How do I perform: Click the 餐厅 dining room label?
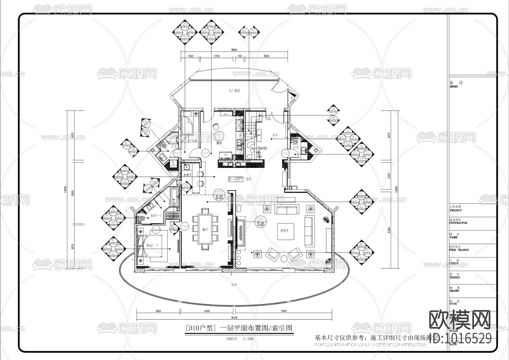tap(205, 230)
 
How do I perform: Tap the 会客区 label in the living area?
tap(284, 231)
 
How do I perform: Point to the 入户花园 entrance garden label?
tap(234, 91)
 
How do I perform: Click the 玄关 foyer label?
tap(275, 135)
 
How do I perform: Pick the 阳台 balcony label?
tap(234, 285)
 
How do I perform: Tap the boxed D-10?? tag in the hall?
tap(236, 179)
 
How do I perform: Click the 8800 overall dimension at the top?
tap(234, 50)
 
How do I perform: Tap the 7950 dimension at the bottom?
tap(283, 311)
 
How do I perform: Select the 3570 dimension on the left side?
tap(72, 246)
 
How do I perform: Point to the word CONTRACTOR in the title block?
tap(458, 223)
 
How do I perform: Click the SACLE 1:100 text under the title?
tap(240, 339)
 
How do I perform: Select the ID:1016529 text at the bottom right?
tap(460, 338)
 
